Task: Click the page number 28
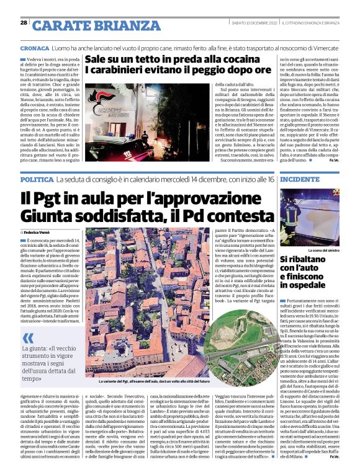coord(24,23)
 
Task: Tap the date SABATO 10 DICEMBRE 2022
coord(251,23)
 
